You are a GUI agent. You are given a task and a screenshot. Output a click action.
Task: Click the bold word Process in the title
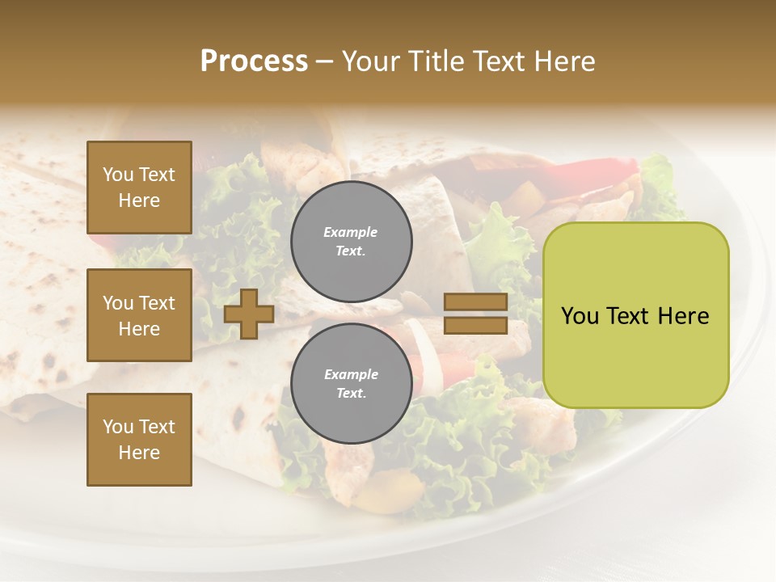(254, 61)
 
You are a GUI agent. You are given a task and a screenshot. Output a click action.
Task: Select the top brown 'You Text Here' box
(139, 188)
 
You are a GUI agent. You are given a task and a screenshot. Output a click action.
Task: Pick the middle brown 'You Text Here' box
(139, 315)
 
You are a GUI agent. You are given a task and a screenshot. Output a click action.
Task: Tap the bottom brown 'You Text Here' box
(139, 440)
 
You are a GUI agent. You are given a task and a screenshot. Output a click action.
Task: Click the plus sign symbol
(249, 314)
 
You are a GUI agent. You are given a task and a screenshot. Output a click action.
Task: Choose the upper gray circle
(351, 241)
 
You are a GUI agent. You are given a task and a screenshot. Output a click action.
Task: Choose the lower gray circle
(351, 383)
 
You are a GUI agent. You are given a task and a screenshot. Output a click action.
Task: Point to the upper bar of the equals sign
(475, 302)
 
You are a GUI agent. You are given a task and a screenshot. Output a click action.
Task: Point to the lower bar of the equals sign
(475, 325)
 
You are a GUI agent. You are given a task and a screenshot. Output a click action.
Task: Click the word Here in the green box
(683, 316)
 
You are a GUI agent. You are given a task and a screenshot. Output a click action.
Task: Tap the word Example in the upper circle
(351, 232)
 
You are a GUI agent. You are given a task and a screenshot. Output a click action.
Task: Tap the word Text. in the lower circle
(351, 394)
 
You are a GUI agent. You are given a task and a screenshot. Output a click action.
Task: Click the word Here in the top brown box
(139, 200)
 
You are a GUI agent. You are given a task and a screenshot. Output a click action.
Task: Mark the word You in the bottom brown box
(118, 427)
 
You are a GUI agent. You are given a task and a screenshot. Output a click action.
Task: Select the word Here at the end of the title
(565, 61)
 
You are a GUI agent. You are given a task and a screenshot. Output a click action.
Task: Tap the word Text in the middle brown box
(157, 303)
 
